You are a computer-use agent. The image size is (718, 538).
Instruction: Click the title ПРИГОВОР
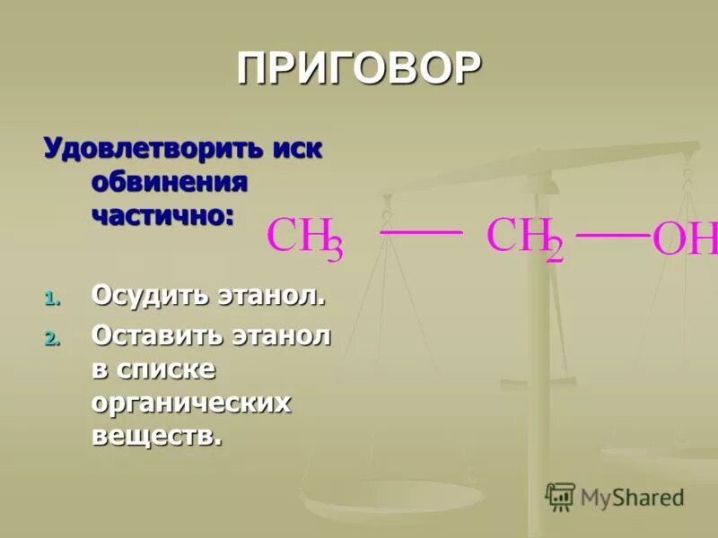pyautogui.click(x=359, y=69)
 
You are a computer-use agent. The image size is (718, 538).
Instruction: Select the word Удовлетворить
pyautogui.click(x=152, y=147)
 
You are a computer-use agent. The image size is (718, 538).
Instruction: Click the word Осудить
pyautogui.click(x=148, y=295)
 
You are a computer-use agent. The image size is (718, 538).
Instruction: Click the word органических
pyautogui.click(x=191, y=403)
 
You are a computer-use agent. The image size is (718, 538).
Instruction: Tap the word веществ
pyautogui.click(x=155, y=437)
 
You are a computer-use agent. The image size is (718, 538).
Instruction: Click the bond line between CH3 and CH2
pyautogui.click(x=422, y=232)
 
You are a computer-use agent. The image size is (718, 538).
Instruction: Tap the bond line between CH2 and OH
pyautogui.click(x=612, y=235)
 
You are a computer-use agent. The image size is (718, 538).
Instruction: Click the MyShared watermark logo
pyautogui.click(x=615, y=497)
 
